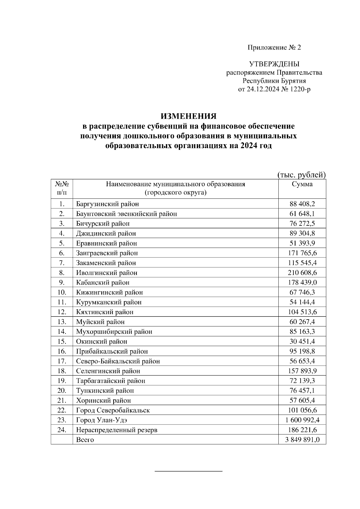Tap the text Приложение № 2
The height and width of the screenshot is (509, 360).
pyautogui.click(x=274, y=48)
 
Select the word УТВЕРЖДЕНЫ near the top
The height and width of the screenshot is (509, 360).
pyautogui.click(x=274, y=64)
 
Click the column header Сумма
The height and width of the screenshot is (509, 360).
pyautogui.click(x=302, y=184)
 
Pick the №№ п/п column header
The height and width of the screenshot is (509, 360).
pyautogui.click(x=62, y=188)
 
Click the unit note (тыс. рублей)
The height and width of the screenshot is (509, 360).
pyautogui.click(x=301, y=174)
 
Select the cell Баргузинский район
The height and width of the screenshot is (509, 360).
pyautogui.click(x=107, y=204)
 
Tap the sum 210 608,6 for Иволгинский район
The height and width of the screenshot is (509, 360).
pyautogui.click(x=302, y=273)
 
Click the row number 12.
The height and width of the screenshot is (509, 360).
pyautogui.click(x=62, y=312)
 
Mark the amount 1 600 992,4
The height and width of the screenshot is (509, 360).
pyautogui.click(x=302, y=420)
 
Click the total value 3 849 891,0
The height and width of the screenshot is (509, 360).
pyautogui.click(x=302, y=440)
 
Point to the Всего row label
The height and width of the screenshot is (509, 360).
pyautogui.click(x=85, y=440)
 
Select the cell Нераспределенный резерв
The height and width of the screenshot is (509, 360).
pyautogui.click(x=117, y=430)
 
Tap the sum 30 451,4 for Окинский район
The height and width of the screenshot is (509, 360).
pyautogui.click(x=302, y=341)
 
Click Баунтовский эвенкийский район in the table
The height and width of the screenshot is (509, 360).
pyautogui.click(x=126, y=214)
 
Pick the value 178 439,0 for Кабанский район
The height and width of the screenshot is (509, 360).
pyautogui.click(x=302, y=283)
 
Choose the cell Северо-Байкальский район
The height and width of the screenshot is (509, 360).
pyautogui.click(x=118, y=361)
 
